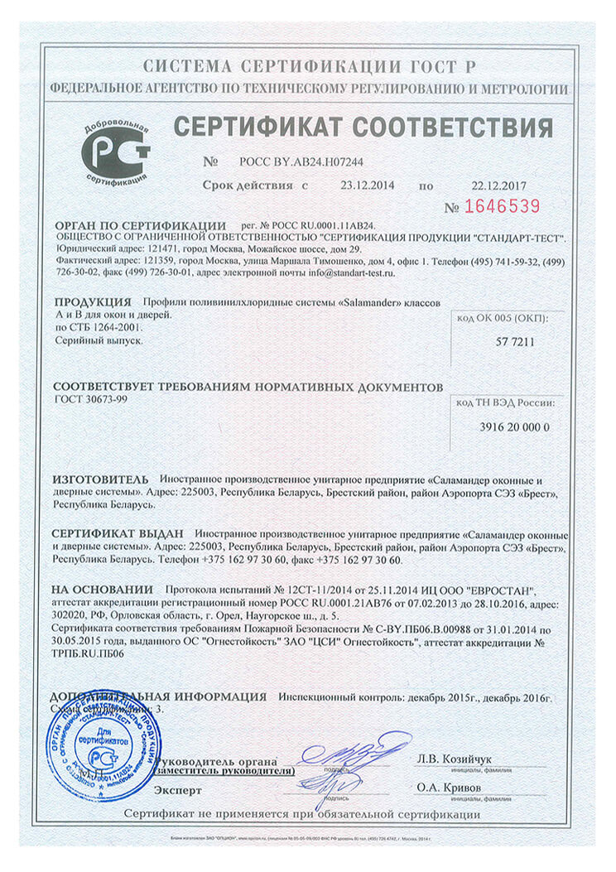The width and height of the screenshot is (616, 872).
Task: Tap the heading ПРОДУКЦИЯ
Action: [92, 301]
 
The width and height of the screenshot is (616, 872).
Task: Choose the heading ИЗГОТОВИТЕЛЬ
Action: [100, 479]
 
